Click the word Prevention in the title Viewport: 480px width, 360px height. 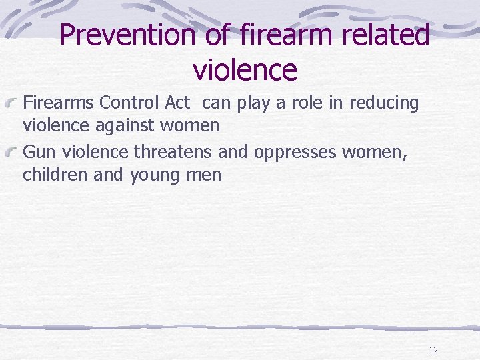click(x=127, y=35)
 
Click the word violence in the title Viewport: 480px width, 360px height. click(x=244, y=69)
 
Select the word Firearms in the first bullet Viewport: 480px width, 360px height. click(x=59, y=103)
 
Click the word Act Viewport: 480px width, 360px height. click(x=178, y=103)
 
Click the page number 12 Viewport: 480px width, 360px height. click(x=433, y=350)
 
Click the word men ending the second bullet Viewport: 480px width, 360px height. click(x=203, y=175)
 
